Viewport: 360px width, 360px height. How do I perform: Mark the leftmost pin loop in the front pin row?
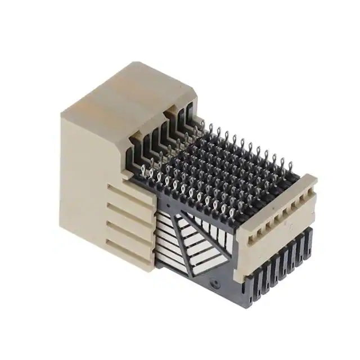click(145, 167)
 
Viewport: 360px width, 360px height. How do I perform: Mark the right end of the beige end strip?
click(312, 181)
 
